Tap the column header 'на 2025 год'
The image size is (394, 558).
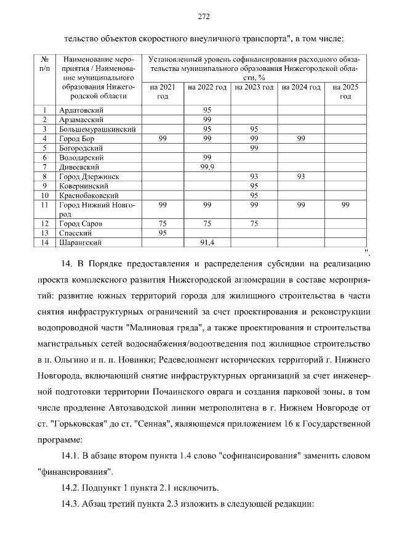coord(345,92)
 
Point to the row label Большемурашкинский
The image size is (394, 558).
coord(97,129)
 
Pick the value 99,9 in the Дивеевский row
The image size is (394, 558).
coord(207,167)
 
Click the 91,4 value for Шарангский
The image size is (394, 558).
coord(207,243)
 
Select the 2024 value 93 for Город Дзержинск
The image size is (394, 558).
coord(301,177)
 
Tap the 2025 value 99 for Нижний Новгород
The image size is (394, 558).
coord(345,205)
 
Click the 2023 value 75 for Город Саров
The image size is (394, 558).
coord(254,223)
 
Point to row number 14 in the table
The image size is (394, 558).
coord(44,243)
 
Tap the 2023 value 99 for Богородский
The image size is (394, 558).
coord(254,149)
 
